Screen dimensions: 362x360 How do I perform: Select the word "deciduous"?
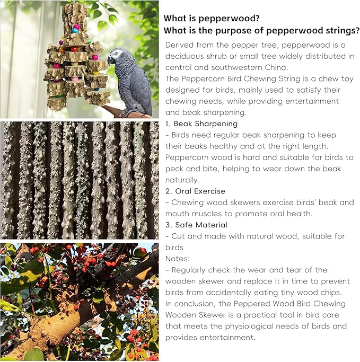(x=187, y=56)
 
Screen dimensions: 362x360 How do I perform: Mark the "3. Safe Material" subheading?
(x=196, y=225)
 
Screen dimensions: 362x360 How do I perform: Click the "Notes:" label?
(x=177, y=259)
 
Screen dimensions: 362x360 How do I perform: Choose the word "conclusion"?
(x=196, y=304)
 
